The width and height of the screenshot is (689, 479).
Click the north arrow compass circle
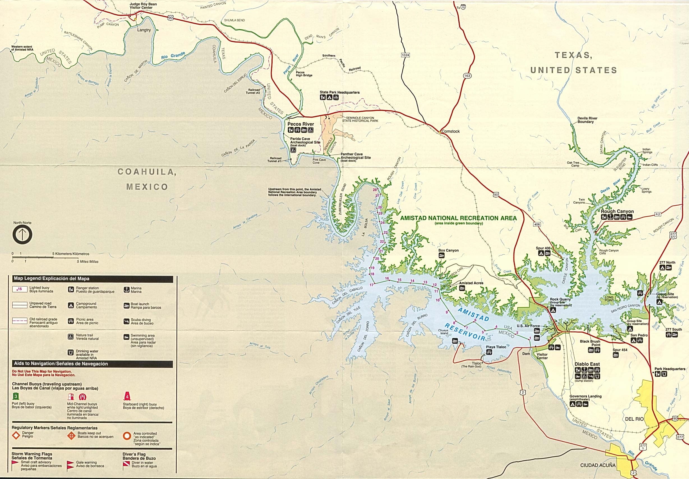click(x=22, y=234)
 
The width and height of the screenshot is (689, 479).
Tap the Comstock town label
click(x=450, y=132)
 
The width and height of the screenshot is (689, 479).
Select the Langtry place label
click(x=144, y=30)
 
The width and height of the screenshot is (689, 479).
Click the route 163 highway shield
click(x=467, y=76)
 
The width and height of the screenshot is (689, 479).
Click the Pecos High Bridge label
click(x=304, y=74)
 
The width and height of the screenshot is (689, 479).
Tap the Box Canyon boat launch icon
click(x=441, y=255)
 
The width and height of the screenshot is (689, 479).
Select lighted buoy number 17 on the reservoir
click(x=372, y=285)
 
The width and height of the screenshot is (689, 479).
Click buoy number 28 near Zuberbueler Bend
click(x=375, y=190)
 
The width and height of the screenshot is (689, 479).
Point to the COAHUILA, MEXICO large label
click(x=147, y=179)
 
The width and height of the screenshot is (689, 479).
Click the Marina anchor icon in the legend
click(x=126, y=290)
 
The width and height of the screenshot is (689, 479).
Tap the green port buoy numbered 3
click(x=16, y=396)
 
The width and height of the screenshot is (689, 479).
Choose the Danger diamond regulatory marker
click(x=16, y=435)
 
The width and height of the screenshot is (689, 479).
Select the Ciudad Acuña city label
click(x=598, y=465)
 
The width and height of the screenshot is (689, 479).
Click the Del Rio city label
click(x=634, y=419)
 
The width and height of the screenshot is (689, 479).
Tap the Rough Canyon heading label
click(x=617, y=211)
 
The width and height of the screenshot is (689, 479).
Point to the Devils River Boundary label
click(x=587, y=120)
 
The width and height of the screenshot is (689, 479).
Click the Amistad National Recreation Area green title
click(x=458, y=218)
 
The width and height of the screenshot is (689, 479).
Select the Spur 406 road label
click(x=543, y=248)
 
